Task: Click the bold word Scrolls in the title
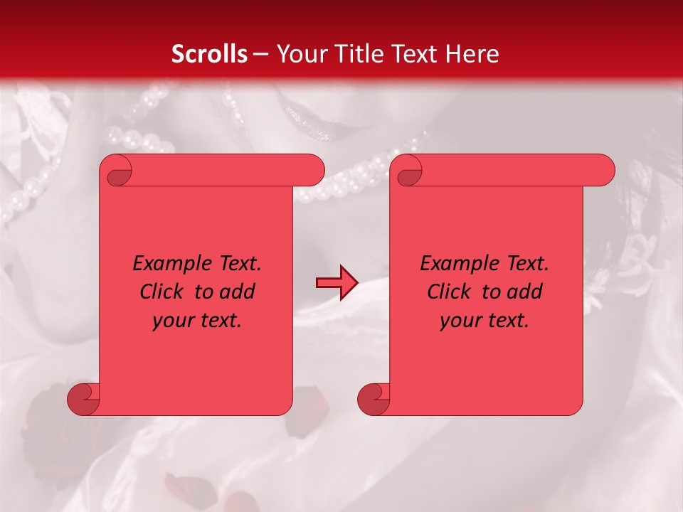[x=210, y=53]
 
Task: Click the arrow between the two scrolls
[x=337, y=283]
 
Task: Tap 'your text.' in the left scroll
[x=197, y=321]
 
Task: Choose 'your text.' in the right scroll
[x=485, y=321]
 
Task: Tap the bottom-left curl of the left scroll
[x=83, y=399]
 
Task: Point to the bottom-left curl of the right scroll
[x=374, y=399]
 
